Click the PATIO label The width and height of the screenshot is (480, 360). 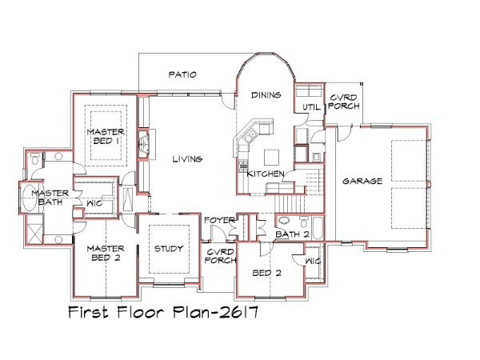(182, 74)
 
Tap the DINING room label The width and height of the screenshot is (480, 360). (266, 95)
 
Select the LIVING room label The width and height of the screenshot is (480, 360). (187, 159)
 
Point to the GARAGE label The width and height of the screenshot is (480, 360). (362, 182)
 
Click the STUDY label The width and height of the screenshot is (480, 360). (169, 249)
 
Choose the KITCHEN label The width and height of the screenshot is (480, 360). (266, 174)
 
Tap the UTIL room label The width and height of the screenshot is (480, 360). (311, 107)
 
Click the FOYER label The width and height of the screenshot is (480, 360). (220, 220)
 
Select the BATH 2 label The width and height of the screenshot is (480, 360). (292, 234)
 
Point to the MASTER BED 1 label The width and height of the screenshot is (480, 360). (106, 137)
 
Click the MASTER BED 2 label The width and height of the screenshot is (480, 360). (106, 253)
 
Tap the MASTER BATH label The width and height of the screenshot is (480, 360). (50, 198)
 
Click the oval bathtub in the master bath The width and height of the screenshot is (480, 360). (30, 198)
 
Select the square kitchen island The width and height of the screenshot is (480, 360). (272, 157)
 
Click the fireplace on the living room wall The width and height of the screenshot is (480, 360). (144, 143)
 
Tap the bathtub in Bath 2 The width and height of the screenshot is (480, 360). (318, 228)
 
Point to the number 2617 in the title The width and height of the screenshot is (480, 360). (238, 313)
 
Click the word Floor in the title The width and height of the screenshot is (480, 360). (140, 312)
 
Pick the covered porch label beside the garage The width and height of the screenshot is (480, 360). (344, 102)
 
